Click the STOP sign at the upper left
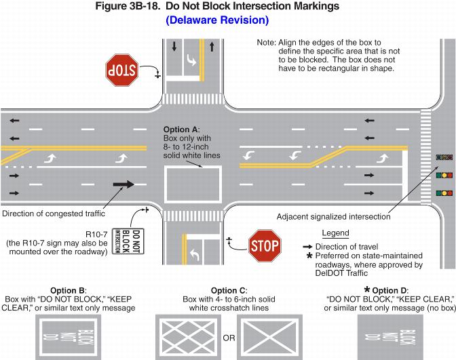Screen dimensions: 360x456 [122, 69]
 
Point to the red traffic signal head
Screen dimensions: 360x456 [444, 157]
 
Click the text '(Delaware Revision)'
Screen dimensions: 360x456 [217, 20]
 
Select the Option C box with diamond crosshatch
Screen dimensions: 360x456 [187, 336]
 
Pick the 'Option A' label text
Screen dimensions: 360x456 [181, 129]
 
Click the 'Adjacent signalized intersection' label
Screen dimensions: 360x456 [333, 217]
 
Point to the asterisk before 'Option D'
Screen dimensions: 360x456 [367, 289]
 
